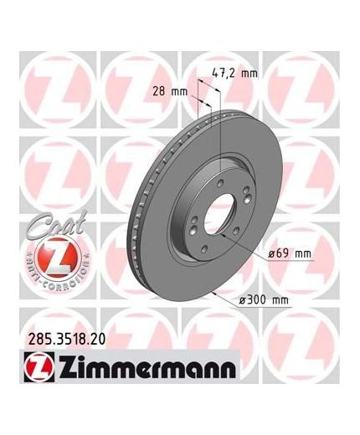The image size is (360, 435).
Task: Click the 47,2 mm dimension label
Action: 234,73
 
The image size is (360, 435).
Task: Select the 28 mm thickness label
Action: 170,91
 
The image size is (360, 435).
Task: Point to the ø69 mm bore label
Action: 290,253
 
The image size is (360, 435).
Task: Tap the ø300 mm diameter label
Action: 264,300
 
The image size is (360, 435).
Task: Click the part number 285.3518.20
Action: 67,340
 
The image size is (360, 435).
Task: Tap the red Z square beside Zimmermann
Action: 39,366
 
